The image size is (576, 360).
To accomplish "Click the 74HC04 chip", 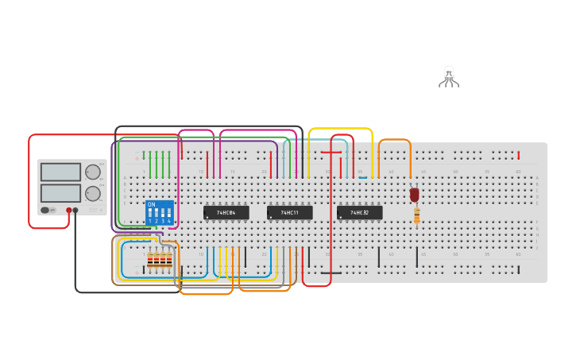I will point(226,213).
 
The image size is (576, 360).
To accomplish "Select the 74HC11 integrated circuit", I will point(289,213).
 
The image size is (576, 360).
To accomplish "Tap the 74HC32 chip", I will point(359,213).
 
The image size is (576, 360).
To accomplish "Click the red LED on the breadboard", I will point(414,195).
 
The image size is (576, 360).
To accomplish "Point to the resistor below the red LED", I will point(416,215).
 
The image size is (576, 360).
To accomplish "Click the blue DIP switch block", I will point(160,212).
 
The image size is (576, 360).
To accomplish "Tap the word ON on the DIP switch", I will point(151,204).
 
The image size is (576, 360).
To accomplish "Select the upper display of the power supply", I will point(60,172).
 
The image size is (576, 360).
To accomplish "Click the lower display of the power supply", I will point(60,193).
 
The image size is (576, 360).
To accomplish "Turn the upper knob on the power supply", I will point(93,172).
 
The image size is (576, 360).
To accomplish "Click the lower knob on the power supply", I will point(93,193).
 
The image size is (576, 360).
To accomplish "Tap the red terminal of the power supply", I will point(69,211).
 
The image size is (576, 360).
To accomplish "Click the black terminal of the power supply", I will point(75,211).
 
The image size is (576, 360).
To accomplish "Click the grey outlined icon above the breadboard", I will point(449,76).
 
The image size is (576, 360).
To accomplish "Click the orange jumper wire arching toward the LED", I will point(395,141).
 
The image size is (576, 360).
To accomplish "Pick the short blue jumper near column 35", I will point(362,177).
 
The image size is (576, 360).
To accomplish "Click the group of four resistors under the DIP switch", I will point(159,260).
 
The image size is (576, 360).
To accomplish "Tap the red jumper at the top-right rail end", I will point(518,155).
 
